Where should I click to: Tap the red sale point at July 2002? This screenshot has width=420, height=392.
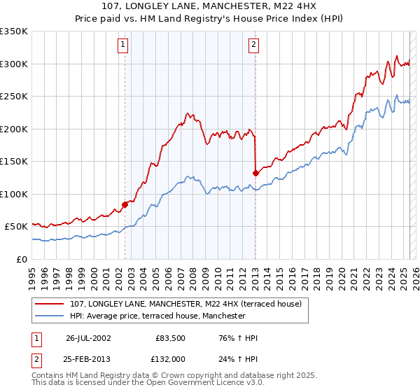click(125, 204)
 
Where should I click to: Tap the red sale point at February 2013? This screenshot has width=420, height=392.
click(255, 173)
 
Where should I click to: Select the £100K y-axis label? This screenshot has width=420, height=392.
click(14, 194)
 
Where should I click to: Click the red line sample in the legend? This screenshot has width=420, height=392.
click(49, 304)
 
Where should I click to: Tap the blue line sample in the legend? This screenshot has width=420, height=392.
click(49, 316)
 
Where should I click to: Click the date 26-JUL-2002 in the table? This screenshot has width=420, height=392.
click(88, 338)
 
